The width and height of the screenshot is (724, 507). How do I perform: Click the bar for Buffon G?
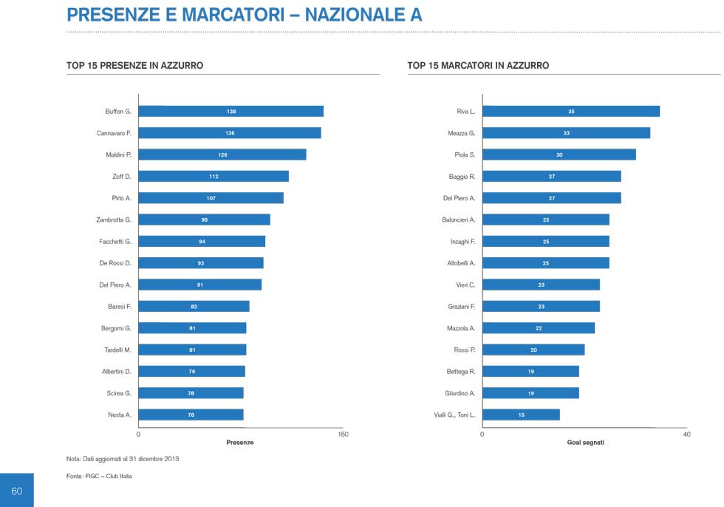pos(230,112)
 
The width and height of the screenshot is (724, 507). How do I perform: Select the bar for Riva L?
pos(570,112)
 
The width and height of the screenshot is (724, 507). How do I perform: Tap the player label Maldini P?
pos(118,154)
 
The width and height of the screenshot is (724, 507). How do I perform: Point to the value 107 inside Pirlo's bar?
pos(211,198)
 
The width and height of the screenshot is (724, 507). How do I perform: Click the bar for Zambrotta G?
pos(204,220)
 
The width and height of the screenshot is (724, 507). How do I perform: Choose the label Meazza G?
pos(461,133)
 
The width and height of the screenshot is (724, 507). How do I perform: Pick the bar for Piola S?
pos(559,154)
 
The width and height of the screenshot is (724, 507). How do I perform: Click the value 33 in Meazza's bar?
pos(566,133)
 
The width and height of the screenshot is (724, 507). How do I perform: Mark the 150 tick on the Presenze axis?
pos(343,435)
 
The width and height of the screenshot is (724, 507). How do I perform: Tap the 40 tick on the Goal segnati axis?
pos(686,435)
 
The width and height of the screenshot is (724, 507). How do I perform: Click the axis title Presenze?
pos(239,443)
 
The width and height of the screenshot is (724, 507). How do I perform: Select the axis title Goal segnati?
pos(585,443)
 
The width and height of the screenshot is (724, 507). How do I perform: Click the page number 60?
pos(16,491)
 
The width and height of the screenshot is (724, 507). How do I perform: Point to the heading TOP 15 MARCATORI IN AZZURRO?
pos(478,66)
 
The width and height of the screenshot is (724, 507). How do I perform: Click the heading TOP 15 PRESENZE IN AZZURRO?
pos(134,66)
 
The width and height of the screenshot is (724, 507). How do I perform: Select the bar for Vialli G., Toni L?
pos(521,415)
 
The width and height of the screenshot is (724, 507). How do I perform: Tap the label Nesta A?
pos(120,415)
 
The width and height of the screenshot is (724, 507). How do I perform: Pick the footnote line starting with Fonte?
pos(99,477)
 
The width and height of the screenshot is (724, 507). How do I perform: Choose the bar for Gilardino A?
pos(530,393)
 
